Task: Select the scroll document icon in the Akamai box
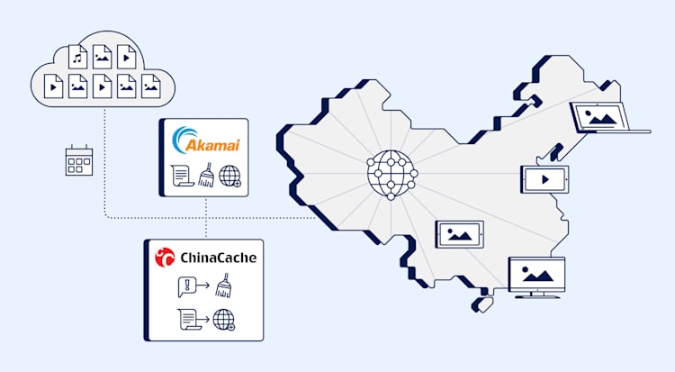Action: pos(181,176)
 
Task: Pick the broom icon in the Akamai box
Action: pos(205,175)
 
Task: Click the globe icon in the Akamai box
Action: pos(230,176)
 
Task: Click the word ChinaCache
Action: pos(216,258)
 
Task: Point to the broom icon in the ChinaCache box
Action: pos(224,288)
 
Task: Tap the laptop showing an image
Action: pos(601,118)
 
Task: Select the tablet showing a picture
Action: pos(460,234)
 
